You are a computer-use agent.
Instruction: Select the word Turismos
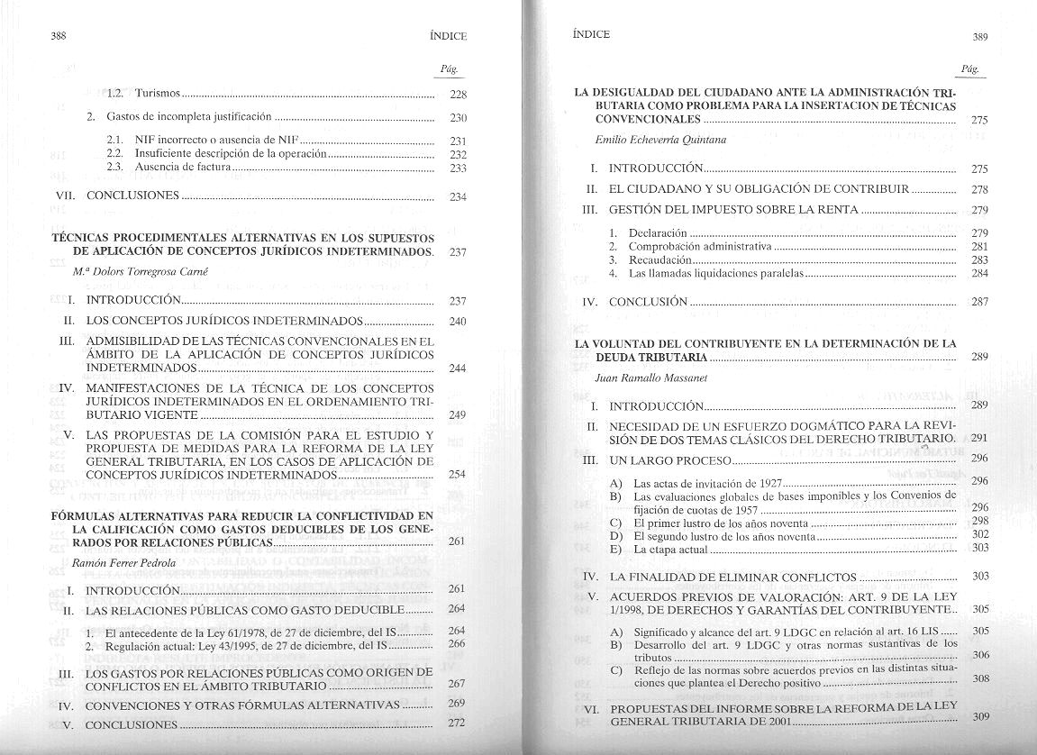click(x=159, y=93)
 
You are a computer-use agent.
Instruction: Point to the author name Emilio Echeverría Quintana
click(x=660, y=140)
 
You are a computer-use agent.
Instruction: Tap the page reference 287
click(x=980, y=302)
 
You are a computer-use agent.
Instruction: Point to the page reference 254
click(x=457, y=475)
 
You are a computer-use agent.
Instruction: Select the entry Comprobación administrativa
click(x=700, y=246)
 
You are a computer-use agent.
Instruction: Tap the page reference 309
click(x=981, y=717)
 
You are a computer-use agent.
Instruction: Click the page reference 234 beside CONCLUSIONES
click(x=457, y=197)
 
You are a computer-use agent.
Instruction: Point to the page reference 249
click(x=457, y=415)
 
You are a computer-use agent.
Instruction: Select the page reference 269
click(x=456, y=704)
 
